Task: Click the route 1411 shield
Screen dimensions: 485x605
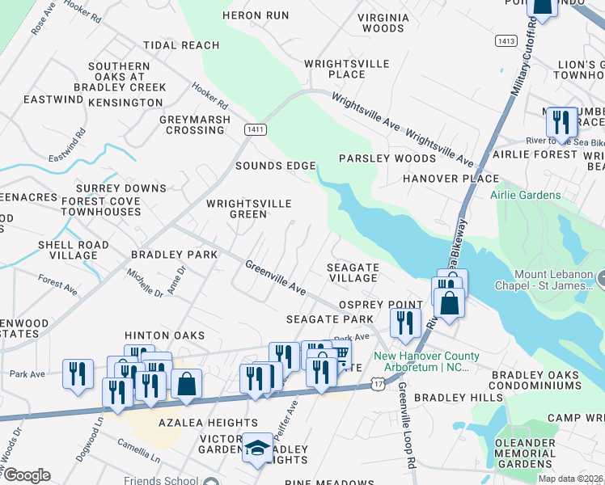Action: (255, 129)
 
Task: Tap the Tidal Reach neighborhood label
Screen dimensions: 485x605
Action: (181, 45)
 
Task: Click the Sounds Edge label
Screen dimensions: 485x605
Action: (275, 166)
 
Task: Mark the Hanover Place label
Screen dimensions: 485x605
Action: (451, 178)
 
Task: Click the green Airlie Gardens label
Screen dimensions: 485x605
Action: (525, 195)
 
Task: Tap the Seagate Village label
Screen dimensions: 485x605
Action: (352, 272)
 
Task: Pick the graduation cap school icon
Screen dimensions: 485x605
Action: (258, 447)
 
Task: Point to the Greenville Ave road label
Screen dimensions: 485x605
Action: (276, 277)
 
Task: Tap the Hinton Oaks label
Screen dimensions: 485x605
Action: (164, 335)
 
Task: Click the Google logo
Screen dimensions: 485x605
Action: (26, 475)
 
